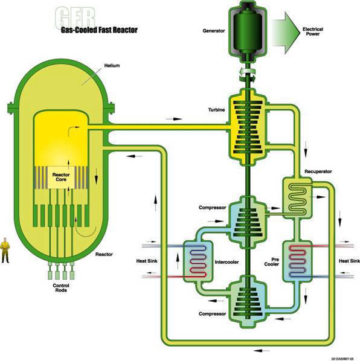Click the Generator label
pyautogui.click(x=213, y=31)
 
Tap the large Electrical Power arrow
pyautogui.click(x=286, y=33)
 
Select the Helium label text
pyautogui.click(x=112, y=66)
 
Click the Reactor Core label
pyautogui.click(x=61, y=177)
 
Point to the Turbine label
pyautogui.click(x=216, y=110)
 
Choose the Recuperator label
pyautogui.click(x=318, y=171)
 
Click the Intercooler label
pyautogui.click(x=227, y=262)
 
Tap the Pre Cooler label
pyautogui.click(x=272, y=262)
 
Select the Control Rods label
pyautogui.click(x=61, y=288)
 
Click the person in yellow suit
pyautogui.click(x=5, y=251)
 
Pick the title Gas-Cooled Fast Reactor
pyautogui.click(x=99, y=30)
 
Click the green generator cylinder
pyautogui.click(x=248, y=31)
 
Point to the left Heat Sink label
pyautogui.click(x=147, y=261)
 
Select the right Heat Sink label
pyautogui.click(x=349, y=261)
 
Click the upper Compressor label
pyautogui.click(x=212, y=208)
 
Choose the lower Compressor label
pyautogui.click(x=212, y=314)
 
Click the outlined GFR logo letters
pyautogui.click(x=76, y=18)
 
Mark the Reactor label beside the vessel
pyautogui.click(x=104, y=254)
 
